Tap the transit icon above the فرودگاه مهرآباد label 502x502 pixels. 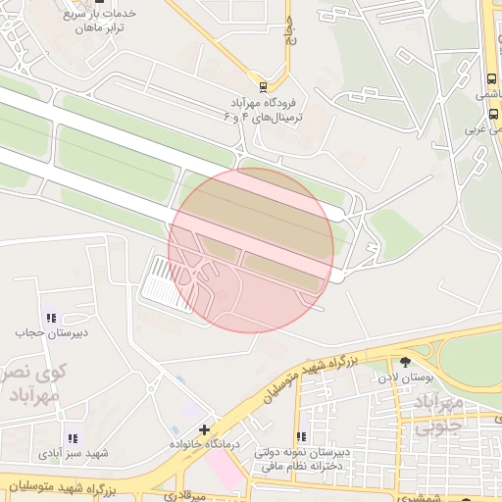point(261,83)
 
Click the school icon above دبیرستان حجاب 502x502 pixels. point(50,317)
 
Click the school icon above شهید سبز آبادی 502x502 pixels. point(71,438)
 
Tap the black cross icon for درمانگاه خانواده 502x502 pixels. point(204,429)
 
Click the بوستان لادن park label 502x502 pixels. point(406,376)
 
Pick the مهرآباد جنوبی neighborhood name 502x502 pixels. point(437,416)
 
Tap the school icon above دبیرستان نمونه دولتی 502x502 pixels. point(302,436)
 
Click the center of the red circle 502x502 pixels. point(251,250)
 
